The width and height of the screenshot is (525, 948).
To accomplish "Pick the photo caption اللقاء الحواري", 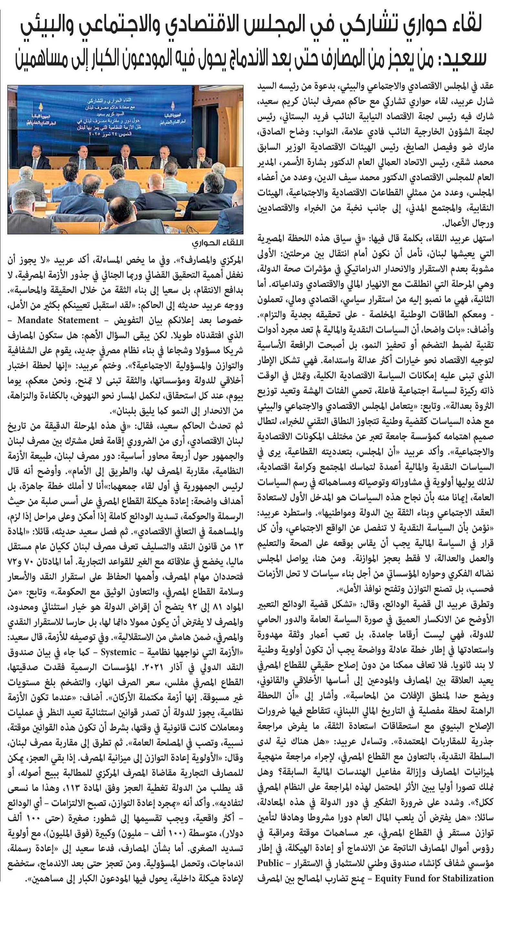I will [x=218, y=243].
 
